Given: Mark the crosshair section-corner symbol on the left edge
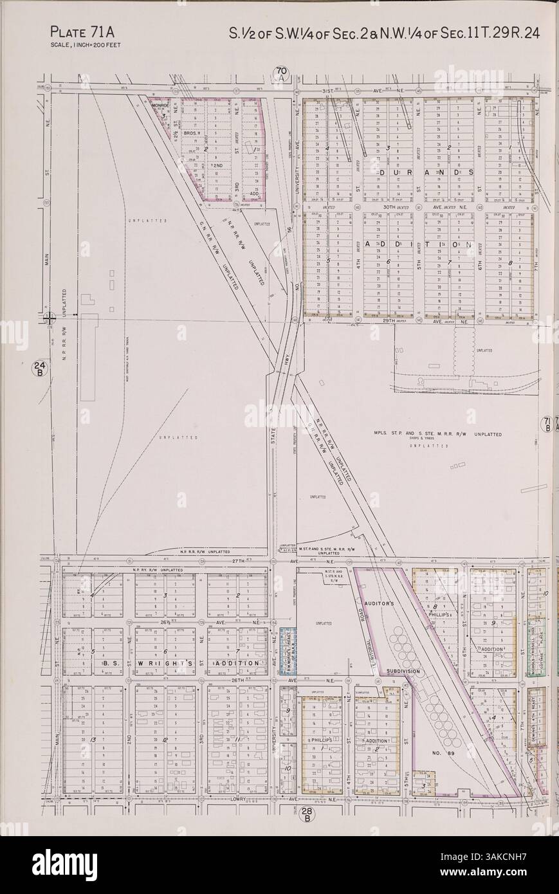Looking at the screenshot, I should [50, 317].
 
